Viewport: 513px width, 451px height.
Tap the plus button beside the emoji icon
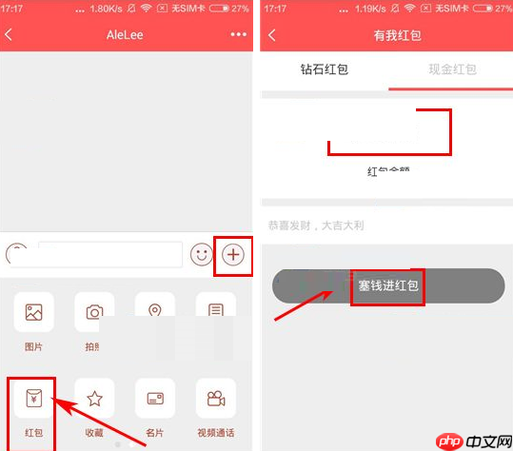(x=233, y=255)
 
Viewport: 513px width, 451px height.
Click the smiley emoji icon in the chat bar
(x=201, y=255)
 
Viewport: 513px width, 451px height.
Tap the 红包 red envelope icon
(x=33, y=399)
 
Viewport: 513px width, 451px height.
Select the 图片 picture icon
(x=33, y=312)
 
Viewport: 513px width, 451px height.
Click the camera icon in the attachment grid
(x=94, y=312)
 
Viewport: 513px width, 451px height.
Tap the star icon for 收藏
(x=94, y=399)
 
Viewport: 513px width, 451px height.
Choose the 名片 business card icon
(x=154, y=399)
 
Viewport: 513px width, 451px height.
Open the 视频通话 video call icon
(x=215, y=399)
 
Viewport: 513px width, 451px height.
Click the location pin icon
(x=154, y=310)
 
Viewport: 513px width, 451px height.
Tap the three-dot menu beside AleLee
(x=238, y=35)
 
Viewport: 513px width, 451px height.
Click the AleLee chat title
(x=127, y=35)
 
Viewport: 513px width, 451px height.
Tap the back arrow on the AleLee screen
(x=10, y=35)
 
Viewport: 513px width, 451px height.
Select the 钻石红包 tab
(x=324, y=69)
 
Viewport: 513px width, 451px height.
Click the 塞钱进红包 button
(x=388, y=285)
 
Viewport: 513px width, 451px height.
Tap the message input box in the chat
(x=109, y=255)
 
